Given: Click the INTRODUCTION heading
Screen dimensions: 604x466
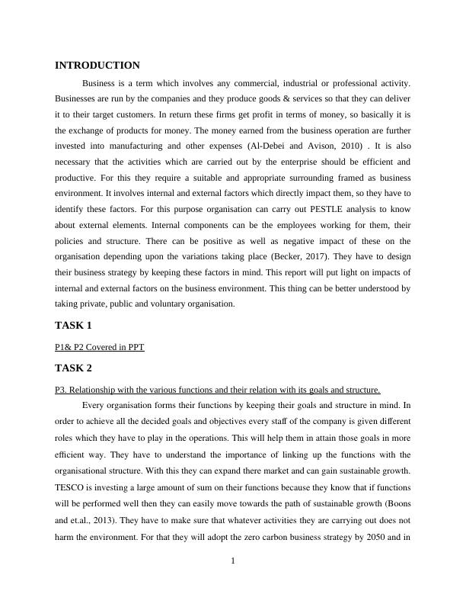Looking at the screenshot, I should click(97, 66).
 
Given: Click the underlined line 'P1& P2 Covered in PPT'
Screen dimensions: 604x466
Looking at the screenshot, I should click(100, 347).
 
